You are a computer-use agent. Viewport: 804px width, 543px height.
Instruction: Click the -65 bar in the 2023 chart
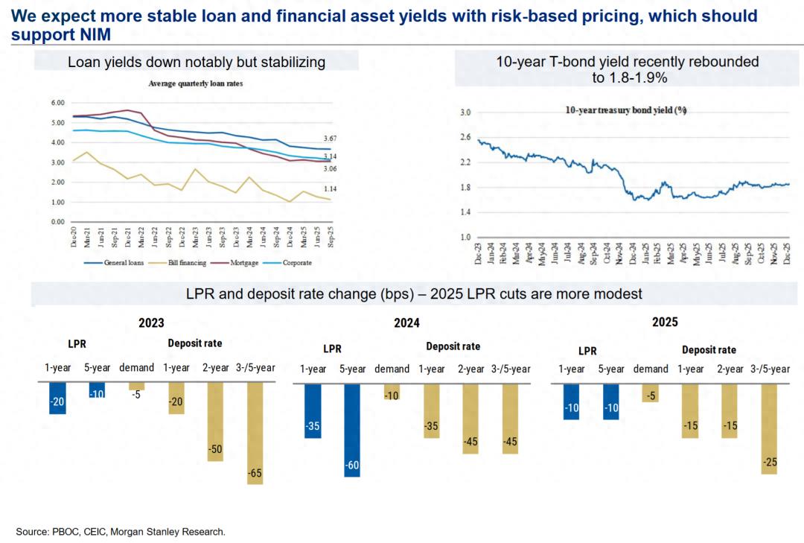(255, 434)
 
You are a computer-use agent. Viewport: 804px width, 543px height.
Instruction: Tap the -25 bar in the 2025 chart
(769, 428)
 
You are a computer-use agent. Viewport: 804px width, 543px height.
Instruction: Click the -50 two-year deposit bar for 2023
(215, 422)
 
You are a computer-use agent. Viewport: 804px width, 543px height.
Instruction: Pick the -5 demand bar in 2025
(651, 393)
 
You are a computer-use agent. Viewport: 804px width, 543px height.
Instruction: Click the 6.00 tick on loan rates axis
(57, 103)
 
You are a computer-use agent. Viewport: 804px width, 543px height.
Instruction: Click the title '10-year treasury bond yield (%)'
(625, 110)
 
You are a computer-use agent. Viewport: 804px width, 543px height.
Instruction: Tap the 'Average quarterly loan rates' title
(195, 83)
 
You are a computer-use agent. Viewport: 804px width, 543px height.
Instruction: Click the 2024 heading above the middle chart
(406, 323)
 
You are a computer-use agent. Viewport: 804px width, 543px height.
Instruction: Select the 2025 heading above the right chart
(665, 323)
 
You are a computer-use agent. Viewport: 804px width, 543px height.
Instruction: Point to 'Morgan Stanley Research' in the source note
(179, 532)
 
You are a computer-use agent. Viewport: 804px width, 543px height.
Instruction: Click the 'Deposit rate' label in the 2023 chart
(194, 343)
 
